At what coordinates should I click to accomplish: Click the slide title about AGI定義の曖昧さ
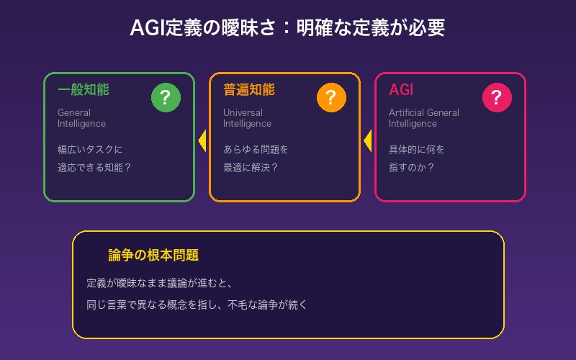tap(287, 28)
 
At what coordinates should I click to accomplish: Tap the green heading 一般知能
tap(84, 90)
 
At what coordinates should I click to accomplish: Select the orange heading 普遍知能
tap(249, 90)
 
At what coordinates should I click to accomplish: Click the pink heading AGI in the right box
tap(401, 90)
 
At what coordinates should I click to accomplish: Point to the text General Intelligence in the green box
tap(81, 118)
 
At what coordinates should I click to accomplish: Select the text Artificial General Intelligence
tap(423, 118)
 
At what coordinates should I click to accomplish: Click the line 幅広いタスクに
tap(90, 150)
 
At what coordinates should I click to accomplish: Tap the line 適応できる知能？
tap(94, 168)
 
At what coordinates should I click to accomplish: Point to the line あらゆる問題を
tap(256, 150)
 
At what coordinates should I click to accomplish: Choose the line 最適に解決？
tap(251, 168)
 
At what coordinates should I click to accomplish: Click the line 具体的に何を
tap(417, 150)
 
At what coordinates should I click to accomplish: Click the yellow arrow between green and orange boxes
tap(202, 140)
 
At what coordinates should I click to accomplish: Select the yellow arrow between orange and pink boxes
tap(368, 140)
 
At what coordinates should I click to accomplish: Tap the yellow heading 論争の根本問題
tap(153, 256)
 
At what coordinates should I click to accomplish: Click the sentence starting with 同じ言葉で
tap(197, 305)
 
